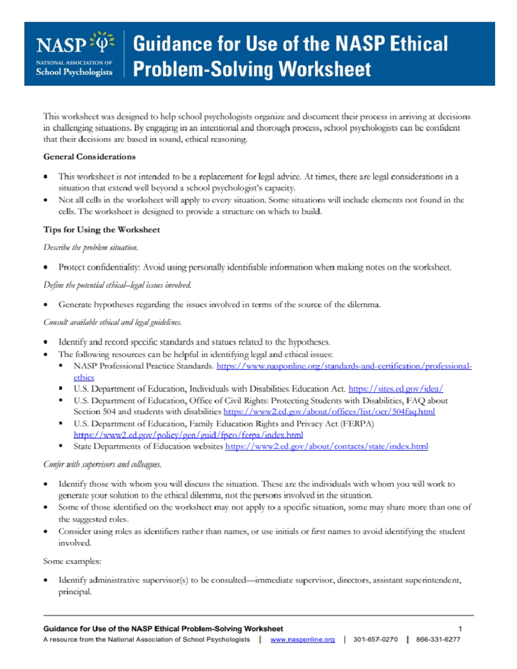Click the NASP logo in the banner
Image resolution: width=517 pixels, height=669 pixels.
coord(74,54)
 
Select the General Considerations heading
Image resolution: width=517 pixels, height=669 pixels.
coord(89,157)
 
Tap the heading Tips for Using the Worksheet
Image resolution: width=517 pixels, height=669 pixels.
coord(101,230)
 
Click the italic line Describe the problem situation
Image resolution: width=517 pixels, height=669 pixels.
coord(90,248)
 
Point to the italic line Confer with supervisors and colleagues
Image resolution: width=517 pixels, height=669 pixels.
coord(102,464)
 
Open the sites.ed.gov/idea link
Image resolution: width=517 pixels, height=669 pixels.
coord(396,389)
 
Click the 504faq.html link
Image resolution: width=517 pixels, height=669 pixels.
coord(329,412)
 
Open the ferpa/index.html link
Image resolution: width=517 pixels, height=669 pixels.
coord(188,435)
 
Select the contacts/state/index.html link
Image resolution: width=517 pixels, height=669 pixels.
coord(326,447)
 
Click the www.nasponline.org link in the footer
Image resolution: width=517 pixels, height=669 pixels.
coord(302,640)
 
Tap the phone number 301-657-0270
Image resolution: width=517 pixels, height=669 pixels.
coord(375,640)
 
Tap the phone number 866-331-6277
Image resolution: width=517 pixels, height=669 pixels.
coord(438,640)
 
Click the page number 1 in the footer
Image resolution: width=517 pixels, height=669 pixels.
coord(460,629)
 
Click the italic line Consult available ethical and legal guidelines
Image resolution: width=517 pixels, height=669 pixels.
coord(112,323)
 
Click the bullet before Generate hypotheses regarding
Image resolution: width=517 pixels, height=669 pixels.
coord(46,305)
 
